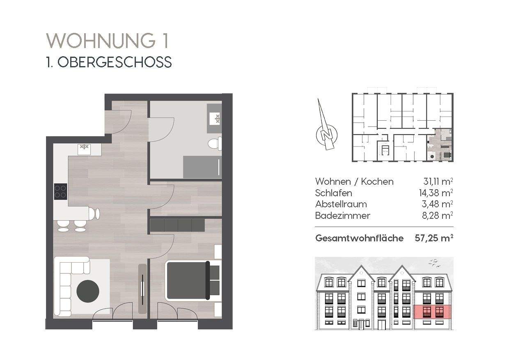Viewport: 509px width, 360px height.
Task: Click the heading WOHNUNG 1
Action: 108,41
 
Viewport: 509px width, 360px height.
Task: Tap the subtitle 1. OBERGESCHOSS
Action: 109,62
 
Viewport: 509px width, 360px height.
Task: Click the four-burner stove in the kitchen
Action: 61,191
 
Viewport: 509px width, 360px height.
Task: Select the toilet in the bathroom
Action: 214,144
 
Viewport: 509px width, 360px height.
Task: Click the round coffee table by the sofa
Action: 88,291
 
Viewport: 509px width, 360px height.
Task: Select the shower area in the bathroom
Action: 202,167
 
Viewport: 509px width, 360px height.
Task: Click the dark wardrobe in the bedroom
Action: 177,225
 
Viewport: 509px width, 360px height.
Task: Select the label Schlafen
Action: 333,193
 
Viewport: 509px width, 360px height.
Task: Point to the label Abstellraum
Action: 341,204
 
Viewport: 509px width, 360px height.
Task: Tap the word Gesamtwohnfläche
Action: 359,238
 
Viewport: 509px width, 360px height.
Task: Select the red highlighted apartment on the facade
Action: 432,312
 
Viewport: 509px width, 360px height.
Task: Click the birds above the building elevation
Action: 435,263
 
